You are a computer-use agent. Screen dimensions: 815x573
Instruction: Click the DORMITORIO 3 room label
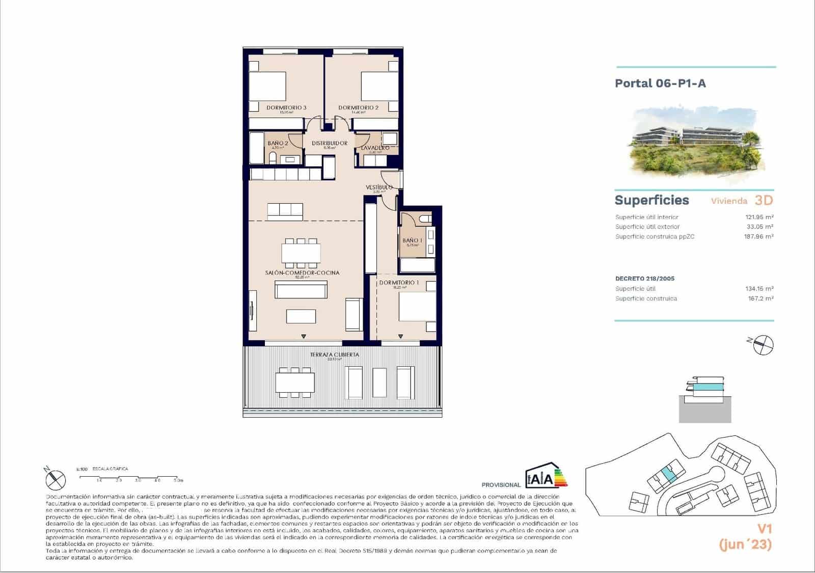[286, 107]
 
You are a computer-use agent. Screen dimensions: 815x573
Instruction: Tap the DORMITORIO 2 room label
[358, 107]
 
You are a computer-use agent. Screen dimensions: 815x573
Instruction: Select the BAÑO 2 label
[278, 143]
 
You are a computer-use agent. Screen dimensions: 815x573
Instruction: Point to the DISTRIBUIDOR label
[330, 143]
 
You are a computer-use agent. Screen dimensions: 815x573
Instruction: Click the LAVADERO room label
[375, 148]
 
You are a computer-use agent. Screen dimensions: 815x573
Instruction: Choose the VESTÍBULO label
[379, 187]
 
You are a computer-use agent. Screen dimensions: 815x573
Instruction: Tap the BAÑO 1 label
[412, 240]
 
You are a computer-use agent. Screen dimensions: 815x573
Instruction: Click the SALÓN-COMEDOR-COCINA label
[302, 272]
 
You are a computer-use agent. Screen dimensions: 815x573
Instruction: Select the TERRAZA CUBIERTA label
[335, 354]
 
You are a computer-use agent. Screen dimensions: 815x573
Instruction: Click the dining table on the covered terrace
[295, 382]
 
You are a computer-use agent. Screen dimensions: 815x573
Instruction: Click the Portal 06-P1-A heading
[660, 83]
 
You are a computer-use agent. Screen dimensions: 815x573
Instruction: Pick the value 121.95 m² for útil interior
[759, 217]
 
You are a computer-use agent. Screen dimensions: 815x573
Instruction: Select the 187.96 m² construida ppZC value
[758, 236]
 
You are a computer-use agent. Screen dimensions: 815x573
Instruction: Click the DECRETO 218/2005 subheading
[645, 279]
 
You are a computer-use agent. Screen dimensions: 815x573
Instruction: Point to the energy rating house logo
[546, 475]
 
